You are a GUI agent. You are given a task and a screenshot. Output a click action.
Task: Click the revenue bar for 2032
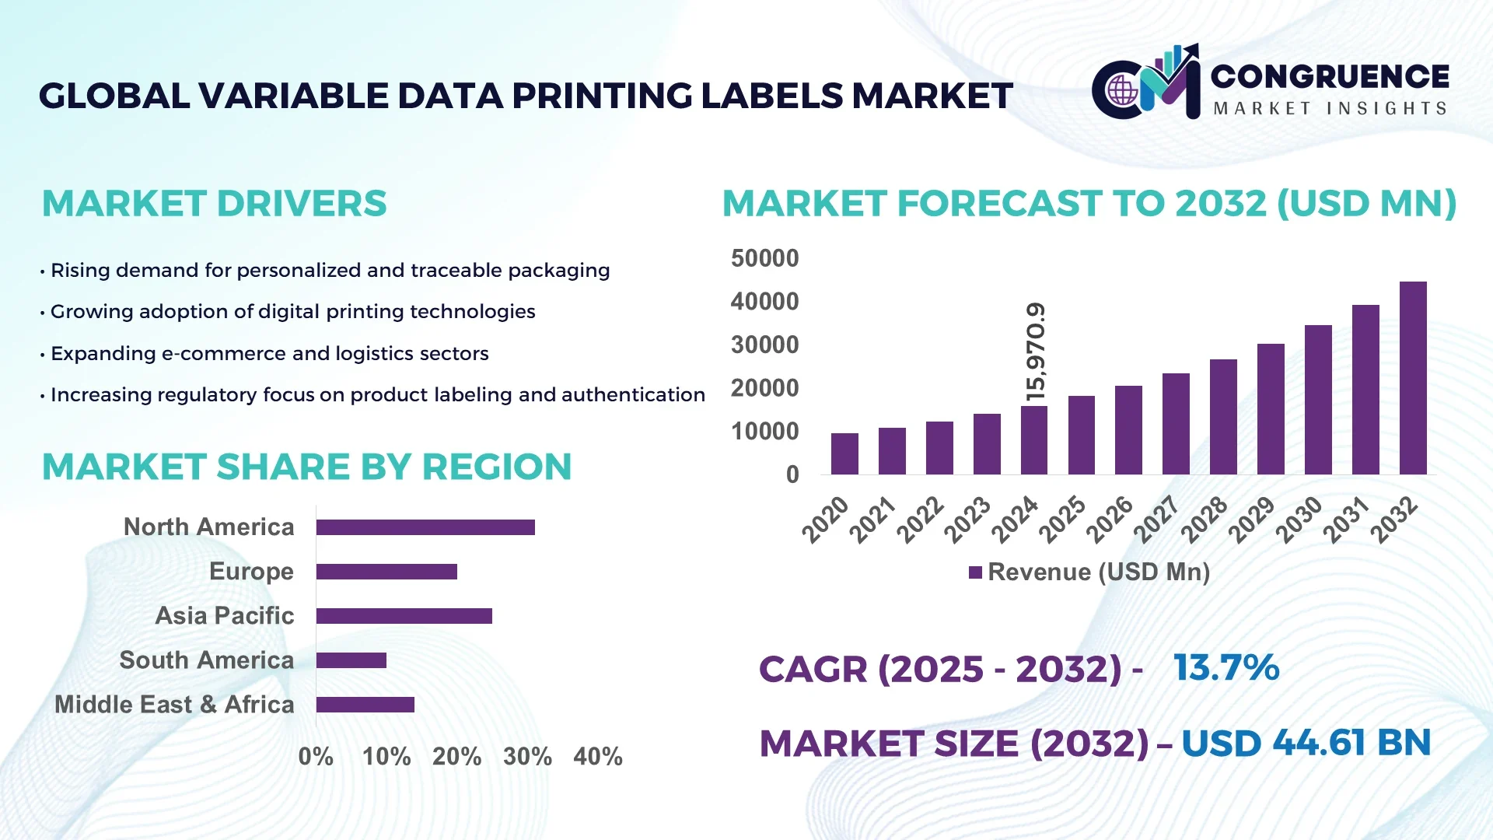[1413, 379]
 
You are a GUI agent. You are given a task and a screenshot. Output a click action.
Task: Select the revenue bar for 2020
[844, 454]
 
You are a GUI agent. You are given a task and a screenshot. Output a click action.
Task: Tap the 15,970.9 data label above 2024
[1036, 352]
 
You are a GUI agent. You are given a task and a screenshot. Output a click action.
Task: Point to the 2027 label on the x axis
[1156, 520]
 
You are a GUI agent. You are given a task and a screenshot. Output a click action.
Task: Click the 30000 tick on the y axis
[764, 345]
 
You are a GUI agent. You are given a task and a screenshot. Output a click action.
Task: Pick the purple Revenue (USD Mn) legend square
[975, 572]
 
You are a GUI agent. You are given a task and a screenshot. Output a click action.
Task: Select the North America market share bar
[425, 527]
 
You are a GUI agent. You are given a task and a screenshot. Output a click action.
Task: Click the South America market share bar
[351, 660]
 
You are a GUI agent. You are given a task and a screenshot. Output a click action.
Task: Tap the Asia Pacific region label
[225, 615]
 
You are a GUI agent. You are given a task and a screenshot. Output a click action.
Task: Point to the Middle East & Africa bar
[365, 705]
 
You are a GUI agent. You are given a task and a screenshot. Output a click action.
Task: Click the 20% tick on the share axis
[456, 756]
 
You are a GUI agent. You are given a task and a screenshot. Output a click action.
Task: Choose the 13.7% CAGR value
[1226, 668]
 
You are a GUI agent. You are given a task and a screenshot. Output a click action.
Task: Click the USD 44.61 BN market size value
[1306, 743]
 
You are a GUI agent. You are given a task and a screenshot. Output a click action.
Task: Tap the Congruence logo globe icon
[1122, 91]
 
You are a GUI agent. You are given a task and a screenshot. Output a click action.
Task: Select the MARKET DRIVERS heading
[214, 204]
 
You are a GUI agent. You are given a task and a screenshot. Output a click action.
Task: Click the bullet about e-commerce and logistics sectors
[269, 353]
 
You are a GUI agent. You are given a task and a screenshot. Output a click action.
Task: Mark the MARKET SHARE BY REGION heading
[306, 467]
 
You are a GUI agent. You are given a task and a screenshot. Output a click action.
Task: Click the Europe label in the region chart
[251, 571]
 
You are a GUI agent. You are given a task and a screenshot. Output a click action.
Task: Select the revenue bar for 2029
[1271, 409]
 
